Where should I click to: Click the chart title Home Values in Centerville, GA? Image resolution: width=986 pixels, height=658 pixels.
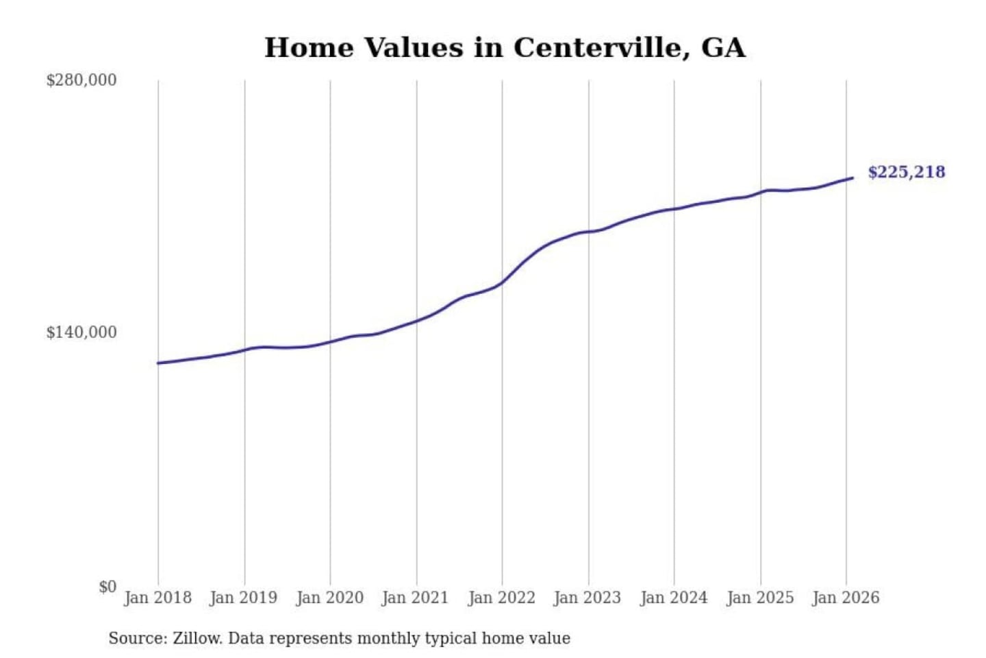click(x=505, y=47)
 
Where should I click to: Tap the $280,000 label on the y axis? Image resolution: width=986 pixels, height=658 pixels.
click(x=81, y=80)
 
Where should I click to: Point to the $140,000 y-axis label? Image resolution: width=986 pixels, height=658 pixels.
click(x=81, y=332)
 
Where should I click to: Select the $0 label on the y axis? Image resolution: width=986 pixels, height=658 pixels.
click(x=108, y=587)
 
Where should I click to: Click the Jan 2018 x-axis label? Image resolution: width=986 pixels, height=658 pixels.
click(x=157, y=598)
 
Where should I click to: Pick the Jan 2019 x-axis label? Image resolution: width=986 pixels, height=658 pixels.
click(x=244, y=598)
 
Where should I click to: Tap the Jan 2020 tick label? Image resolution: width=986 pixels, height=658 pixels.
click(x=329, y=598)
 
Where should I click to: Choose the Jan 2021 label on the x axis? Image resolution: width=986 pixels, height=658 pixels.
click(x=415, y=598)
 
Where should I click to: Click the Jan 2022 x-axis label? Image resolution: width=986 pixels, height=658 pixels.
click(x=501, y=598)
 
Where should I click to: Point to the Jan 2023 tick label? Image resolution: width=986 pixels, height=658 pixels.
click(x=587, y=598)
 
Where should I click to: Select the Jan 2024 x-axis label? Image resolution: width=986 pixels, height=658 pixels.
click(x=674, y=598)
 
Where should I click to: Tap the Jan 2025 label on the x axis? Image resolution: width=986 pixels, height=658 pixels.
click(x=760, y=598)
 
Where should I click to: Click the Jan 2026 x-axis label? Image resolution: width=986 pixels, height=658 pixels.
click(x=846, y=598)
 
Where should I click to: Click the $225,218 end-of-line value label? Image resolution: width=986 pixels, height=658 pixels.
click(x=907, y=172)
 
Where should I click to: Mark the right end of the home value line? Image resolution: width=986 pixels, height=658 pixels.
click(x=852, y=178)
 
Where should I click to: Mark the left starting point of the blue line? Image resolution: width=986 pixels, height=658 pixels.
click(x=158, y=363)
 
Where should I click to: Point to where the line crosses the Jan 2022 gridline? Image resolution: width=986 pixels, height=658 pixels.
click(x=502, y=282)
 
